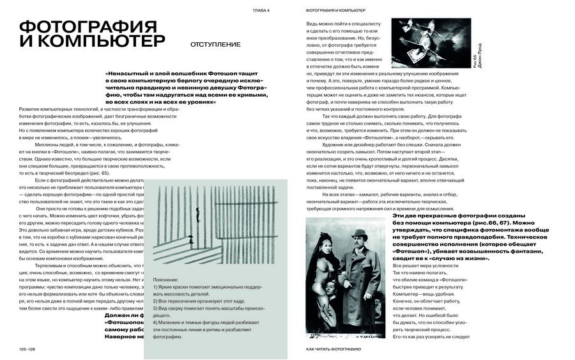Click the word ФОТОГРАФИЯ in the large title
[x=88, y=27]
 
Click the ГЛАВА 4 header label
[x=262, y=11]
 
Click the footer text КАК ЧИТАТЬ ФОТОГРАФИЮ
[x=333, y=349]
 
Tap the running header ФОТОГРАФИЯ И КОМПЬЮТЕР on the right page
[x=335, y=11]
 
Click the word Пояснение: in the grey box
[x=167, y=280]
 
